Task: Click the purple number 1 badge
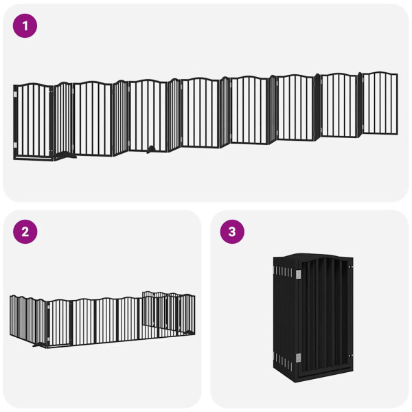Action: (25, 26)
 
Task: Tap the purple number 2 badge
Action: (25, 231)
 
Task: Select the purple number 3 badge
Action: (232, 231)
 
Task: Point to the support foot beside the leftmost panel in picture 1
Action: (65, 157)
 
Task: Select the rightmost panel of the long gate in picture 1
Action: (380, 103)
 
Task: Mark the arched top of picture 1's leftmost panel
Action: (32, 86)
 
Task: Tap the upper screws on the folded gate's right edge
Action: (351, 268)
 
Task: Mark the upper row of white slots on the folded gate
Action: (285, 273)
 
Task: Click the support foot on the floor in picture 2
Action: (38, 345)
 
